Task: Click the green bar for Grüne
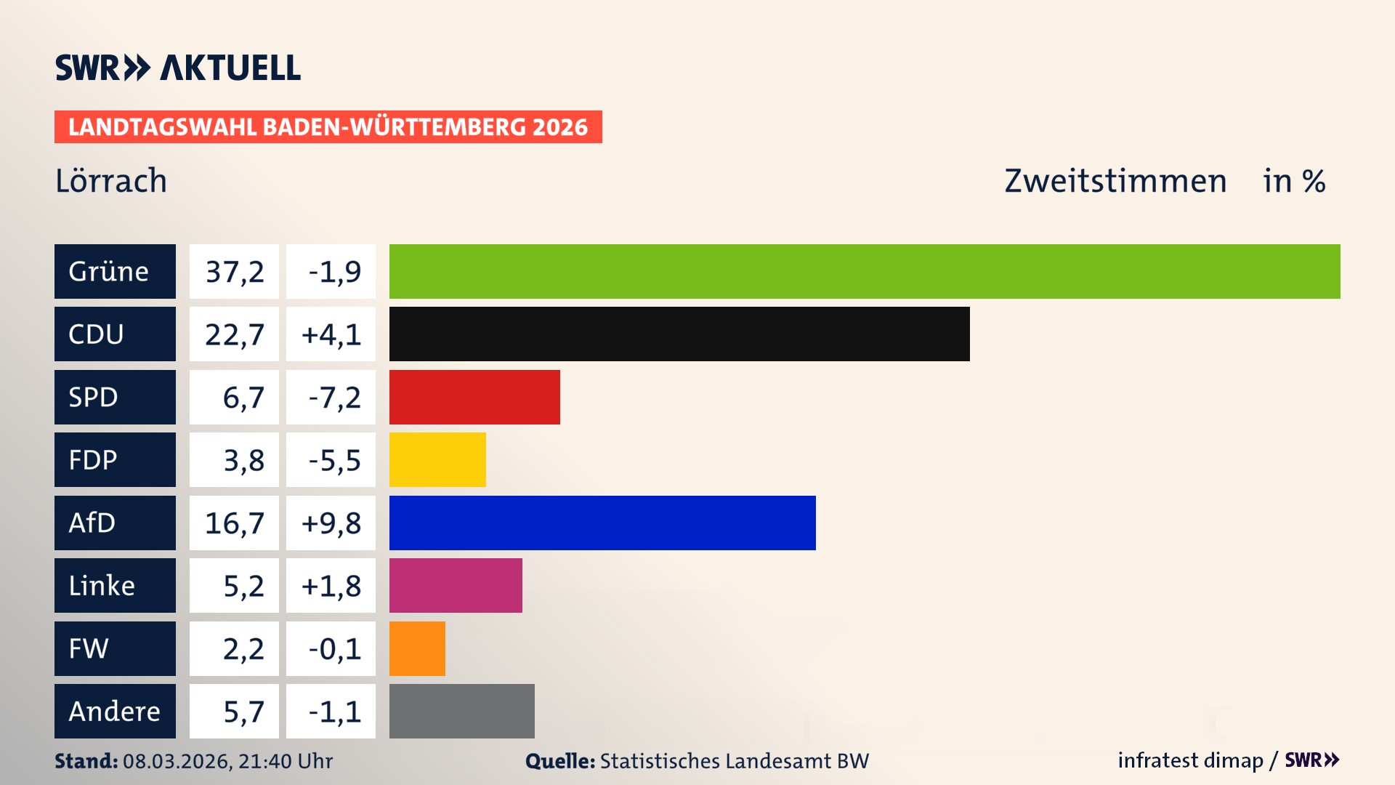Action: tap(865, 271)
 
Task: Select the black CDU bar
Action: tap(679, 334)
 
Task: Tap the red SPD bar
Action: tap(474, 397)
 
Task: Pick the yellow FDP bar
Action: tap(437, 459)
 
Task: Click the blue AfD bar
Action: tap(602, 523)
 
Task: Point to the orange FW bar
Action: tap(417, 648)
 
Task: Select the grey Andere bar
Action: tap(461, 711)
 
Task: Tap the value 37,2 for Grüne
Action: tap(234, 271)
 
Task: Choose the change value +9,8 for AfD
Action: tap(331, 523)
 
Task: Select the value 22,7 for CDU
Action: tap(234, 334)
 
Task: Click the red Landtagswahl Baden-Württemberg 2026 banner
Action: tap(328, 126)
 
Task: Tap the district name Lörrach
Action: tap(111, 180)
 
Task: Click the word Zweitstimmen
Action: tap(1115, 180)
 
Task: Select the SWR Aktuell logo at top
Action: tap(178, 68)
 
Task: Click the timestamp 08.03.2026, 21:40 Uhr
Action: tap(227, 761)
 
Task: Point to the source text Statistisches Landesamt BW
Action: tap(734, 761)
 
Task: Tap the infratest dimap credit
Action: tap(1190, 760)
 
